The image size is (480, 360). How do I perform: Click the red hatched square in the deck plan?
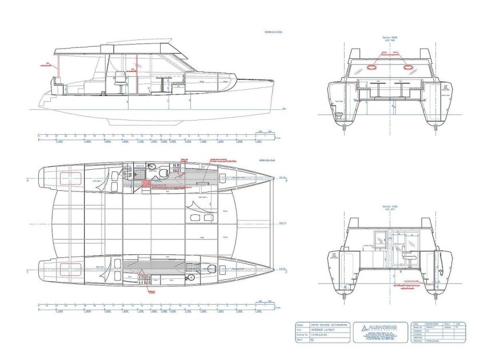pos(147,183)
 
